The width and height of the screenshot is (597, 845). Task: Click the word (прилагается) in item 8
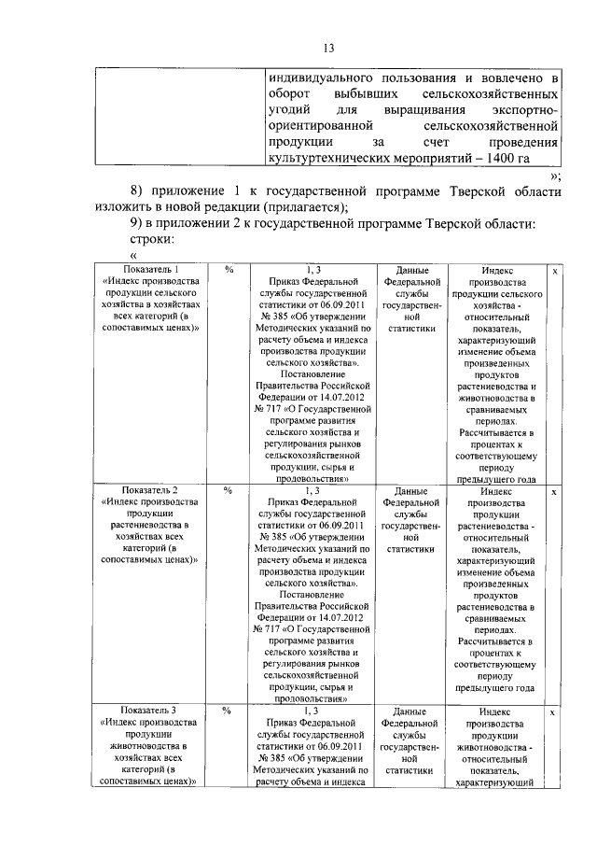pyautogui.click(x=305, y=207)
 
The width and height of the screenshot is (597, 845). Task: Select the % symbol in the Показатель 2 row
pyautogui.click(x=229, y=490)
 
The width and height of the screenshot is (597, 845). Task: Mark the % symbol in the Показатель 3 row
pyautogui.click(x=229, y=711)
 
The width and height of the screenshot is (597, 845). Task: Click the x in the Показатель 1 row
pyautogui.click(x=555, y=271)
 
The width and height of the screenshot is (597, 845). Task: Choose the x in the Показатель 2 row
pyautogui.click(x=555, y=490)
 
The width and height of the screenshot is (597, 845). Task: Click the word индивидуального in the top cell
pyautogui.click(x=318, y=77)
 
